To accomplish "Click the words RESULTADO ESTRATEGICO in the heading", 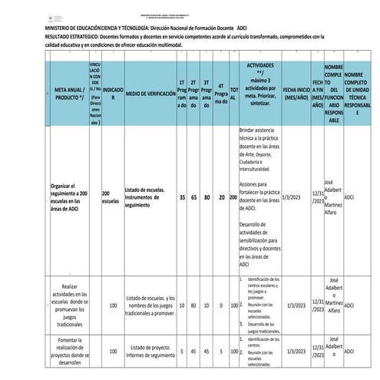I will pos(36,36).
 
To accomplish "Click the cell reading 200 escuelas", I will pos(110,197).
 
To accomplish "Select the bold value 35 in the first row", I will pos(182,197).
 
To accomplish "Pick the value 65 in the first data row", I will pos(194,197).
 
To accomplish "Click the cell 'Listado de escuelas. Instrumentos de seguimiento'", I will pos(147,197).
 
